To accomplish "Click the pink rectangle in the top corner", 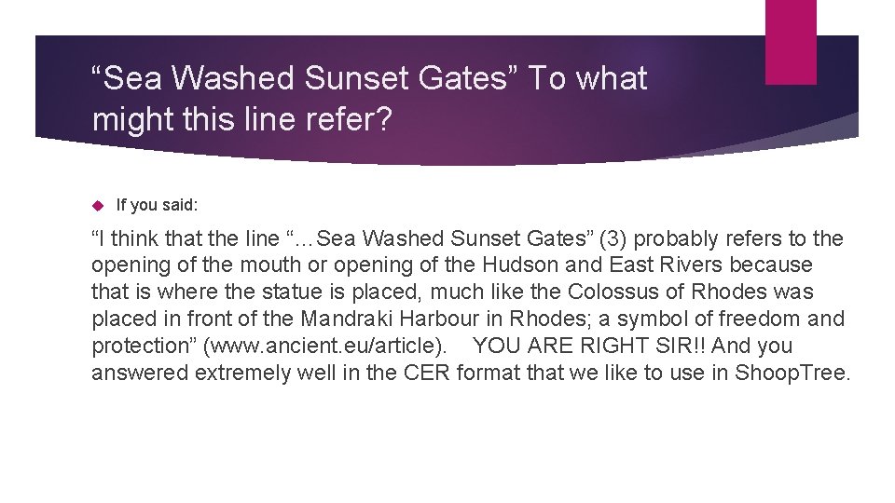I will click(791, 41).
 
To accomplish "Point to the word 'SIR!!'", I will click(676, 346).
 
